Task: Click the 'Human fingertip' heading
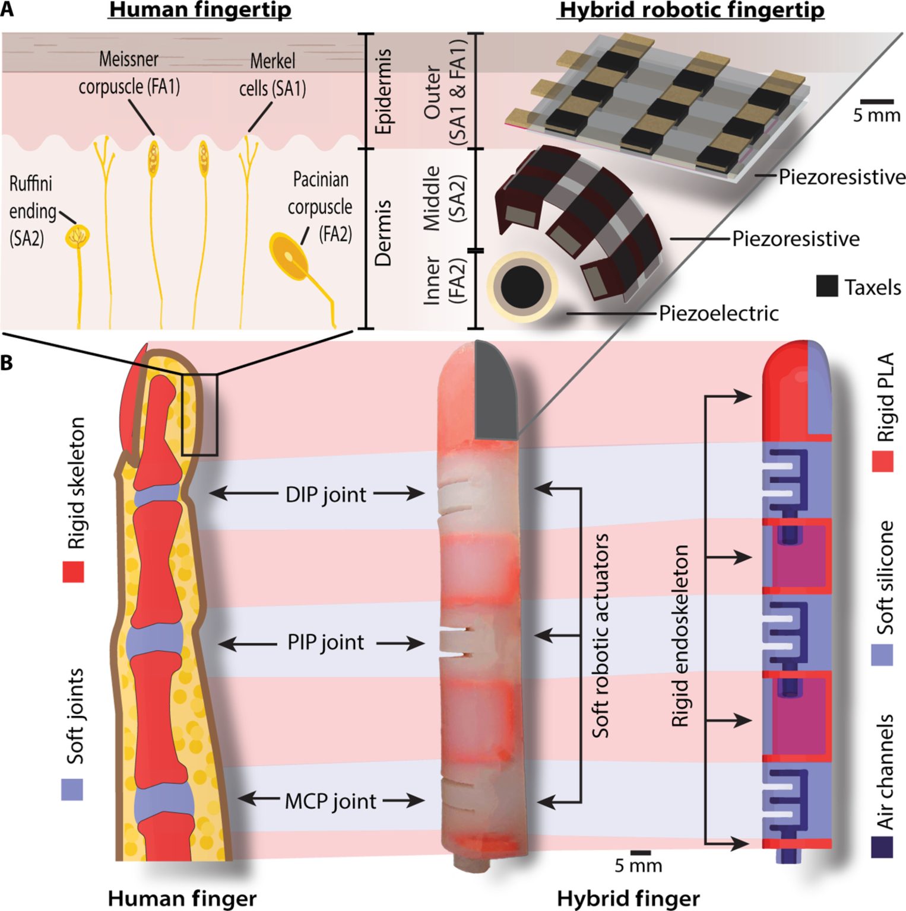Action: point(199,10)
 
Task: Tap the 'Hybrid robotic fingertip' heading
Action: point(692,10)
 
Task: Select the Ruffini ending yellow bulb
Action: point(78,235)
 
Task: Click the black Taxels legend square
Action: point(826,286)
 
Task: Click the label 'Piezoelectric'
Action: point(718,313)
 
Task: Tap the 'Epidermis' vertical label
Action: point(384,91)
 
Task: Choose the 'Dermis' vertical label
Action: point(384,232)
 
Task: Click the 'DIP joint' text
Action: point(326,494)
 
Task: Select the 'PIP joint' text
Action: point(326,642)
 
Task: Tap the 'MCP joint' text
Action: point(330,801)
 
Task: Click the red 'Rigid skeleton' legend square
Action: point(74,572)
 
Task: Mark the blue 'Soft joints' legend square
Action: point(72,789)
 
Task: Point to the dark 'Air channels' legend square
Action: point(882,846)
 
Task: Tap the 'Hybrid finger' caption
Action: point(628,899)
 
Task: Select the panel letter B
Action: point(7,362)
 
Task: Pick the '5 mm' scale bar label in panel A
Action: point(876,115)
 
